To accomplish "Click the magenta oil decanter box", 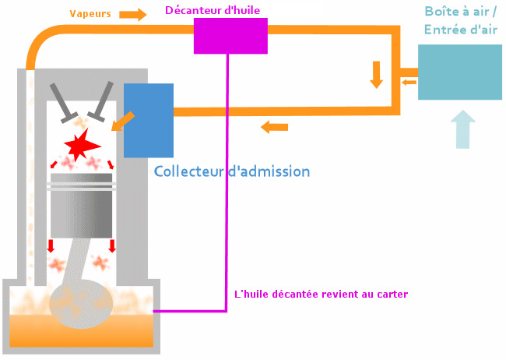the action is pos(230,36).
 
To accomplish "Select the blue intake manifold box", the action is pos(149,121).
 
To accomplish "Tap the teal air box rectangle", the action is pos(460,72).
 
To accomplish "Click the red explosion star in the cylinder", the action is pos(82,144).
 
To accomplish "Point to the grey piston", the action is pos(81,206).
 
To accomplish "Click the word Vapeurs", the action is pos(90,14).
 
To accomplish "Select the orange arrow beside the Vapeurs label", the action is pos(133,15).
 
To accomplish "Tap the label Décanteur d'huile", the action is pos(213,10).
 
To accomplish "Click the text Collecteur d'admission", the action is pos(232,171).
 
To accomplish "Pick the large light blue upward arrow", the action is pos(462,129).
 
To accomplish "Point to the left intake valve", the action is pos(63,103).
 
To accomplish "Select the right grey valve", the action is pos(100,101).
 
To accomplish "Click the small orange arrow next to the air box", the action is pos(409,83).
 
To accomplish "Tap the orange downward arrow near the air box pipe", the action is pos(376,75).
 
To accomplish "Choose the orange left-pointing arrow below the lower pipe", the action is pos(274,127).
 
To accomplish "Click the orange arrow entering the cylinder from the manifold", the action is pos(123,122).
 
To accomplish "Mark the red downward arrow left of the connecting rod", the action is pos(51,246).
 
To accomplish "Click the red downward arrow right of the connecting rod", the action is pos(112,246).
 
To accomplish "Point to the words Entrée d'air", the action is pos(461,30).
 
